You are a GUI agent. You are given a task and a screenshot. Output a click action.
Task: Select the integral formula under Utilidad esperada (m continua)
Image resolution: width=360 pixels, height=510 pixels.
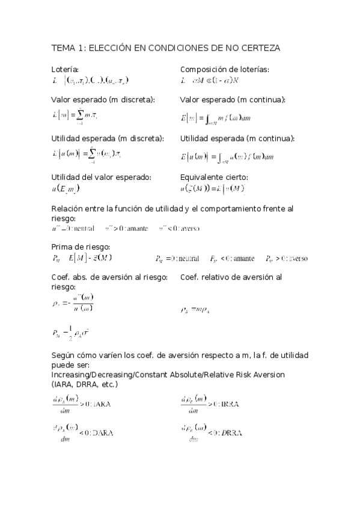click(x=228, y=157)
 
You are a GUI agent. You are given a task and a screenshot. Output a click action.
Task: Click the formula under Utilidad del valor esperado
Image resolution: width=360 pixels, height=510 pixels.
click(x=66, y=189)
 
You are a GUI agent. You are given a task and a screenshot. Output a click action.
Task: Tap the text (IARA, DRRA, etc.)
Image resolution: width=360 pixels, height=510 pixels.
click(x=85, y=384)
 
